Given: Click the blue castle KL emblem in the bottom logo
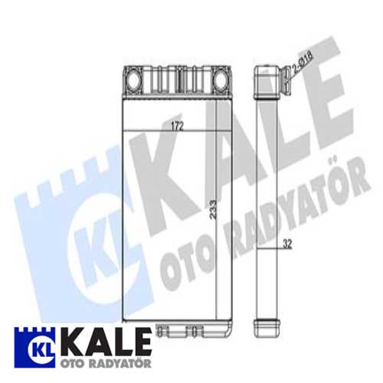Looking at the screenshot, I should (x=31, y=345).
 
